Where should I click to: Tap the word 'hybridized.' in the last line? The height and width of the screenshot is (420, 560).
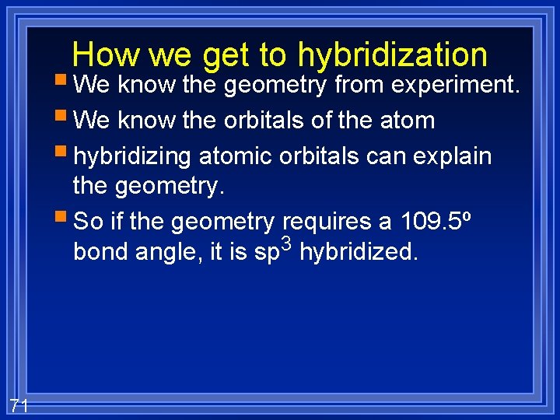coord(359,252)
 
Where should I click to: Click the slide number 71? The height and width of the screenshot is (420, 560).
coord(19,405)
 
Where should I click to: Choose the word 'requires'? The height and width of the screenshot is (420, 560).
coord(327,222)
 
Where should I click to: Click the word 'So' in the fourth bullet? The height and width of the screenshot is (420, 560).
coord(88,222)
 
